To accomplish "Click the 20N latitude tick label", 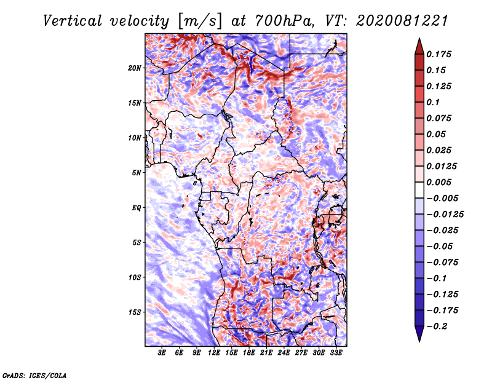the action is coord(134,68).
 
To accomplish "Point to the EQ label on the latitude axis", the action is coord(136,208).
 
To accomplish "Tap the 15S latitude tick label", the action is coord(134,312).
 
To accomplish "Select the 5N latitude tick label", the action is coord(136,173).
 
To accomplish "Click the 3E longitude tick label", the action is coord(162,353).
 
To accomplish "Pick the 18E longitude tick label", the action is coord(249,353).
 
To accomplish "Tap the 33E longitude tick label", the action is coord(336,353).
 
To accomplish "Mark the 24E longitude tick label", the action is coord(284,353).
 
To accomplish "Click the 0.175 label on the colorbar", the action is coord(438,54).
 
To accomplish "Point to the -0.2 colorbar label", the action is coord(437,327).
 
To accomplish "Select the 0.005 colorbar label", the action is coord(438,182).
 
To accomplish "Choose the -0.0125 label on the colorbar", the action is coord(445,215).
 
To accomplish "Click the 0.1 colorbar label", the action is coord(433,102).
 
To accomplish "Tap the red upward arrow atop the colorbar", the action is coord(419,46).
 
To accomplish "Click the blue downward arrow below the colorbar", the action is coord(419,334).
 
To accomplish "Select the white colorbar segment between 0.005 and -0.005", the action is coord(419,190).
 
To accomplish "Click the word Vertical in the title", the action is coord(73,21).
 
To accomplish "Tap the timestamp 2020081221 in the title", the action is coord(402,21).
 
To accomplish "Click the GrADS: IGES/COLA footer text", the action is coord(34,375).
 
